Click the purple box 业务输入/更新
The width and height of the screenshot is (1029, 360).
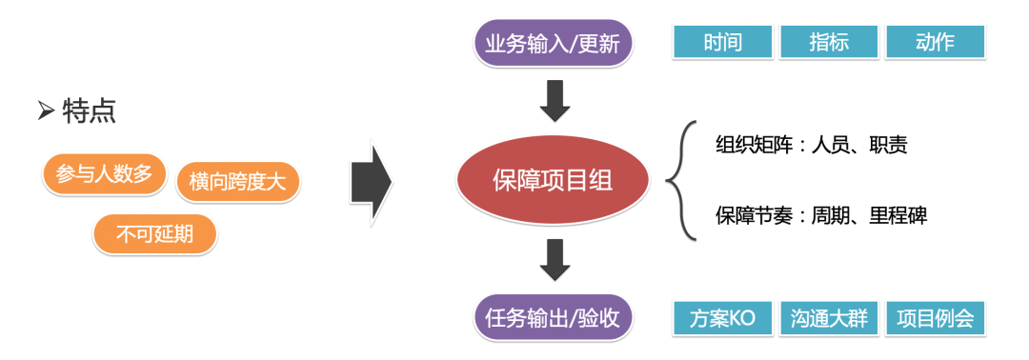coord(553,44)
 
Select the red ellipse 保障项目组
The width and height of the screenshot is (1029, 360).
coord(553,180)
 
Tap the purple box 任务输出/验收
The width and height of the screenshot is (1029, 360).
coord(553,318)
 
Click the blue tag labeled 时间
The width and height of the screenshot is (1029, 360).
coord(722,43)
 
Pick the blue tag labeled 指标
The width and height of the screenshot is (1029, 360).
coord(828,43)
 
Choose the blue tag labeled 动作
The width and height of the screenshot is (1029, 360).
coord(935,43)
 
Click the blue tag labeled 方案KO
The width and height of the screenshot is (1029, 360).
coord(722,318)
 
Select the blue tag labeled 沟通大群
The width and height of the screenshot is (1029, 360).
coord(828,318)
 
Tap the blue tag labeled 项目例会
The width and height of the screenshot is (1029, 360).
coord(935,318)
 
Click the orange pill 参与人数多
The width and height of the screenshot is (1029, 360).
coord(104,174)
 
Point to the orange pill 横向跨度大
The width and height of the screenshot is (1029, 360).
coord(237,181)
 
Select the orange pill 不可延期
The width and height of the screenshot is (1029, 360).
coord(154,233)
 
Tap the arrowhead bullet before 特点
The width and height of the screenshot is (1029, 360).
coord(46,112)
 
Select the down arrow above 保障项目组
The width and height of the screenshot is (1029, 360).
coord(554,102)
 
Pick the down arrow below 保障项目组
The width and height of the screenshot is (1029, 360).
coord(554,260)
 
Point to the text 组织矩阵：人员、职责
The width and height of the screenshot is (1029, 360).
coord(811,145)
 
